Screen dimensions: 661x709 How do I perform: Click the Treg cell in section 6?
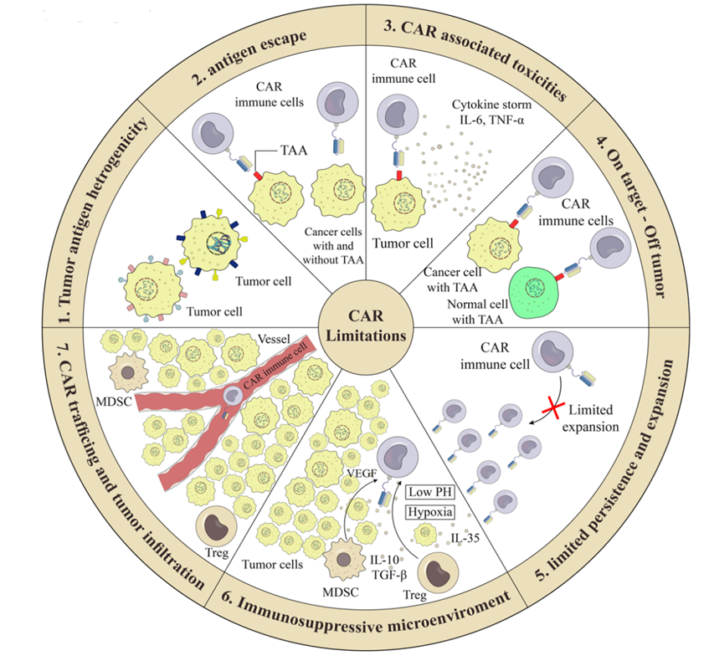tap(435, 575)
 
